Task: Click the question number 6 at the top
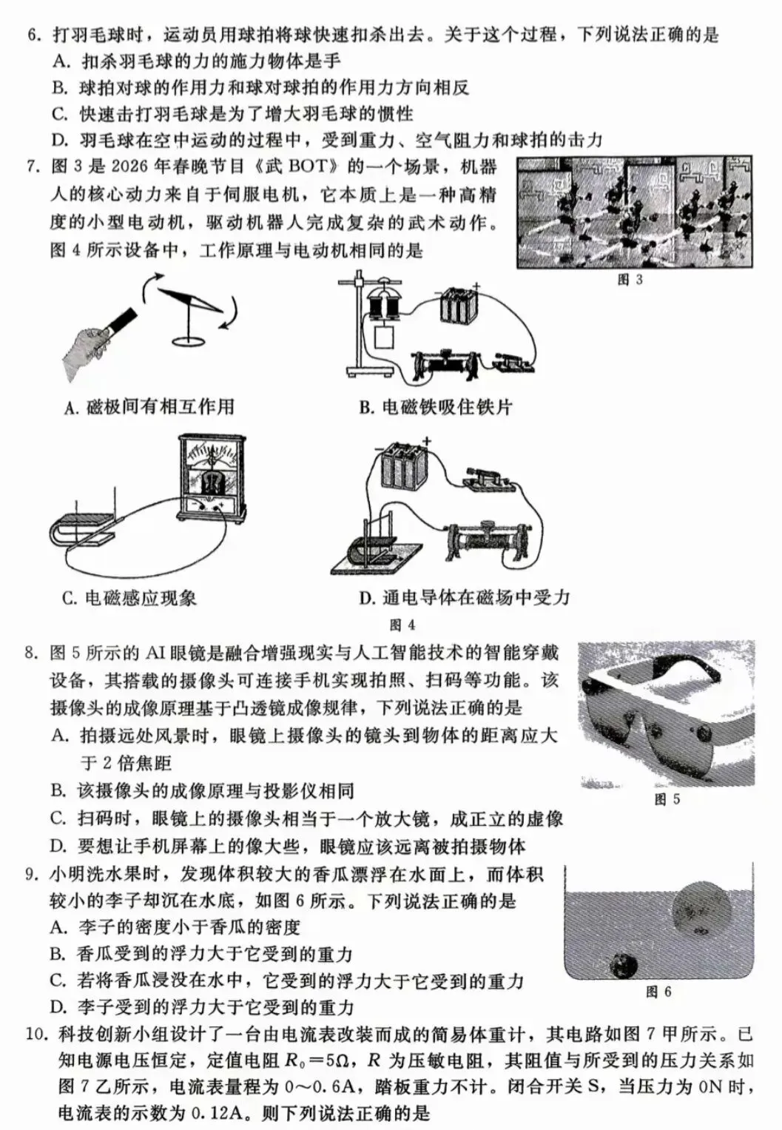pyautogui.click(x=33, y=35)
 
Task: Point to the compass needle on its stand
pyautogui.click(x=195, y=303)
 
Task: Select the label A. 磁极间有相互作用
pyautogui.click(x=149, y=406)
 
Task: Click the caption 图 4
pyautogui.click(x=402, y=625)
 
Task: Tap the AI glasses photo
pyautogui.click(x=666, y=714)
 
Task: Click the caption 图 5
pyautogui.click(x=667, y=799)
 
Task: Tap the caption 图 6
pyautogui.click(x=658, y=992)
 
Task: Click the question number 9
pyautogui.click(x=33, y=875)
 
